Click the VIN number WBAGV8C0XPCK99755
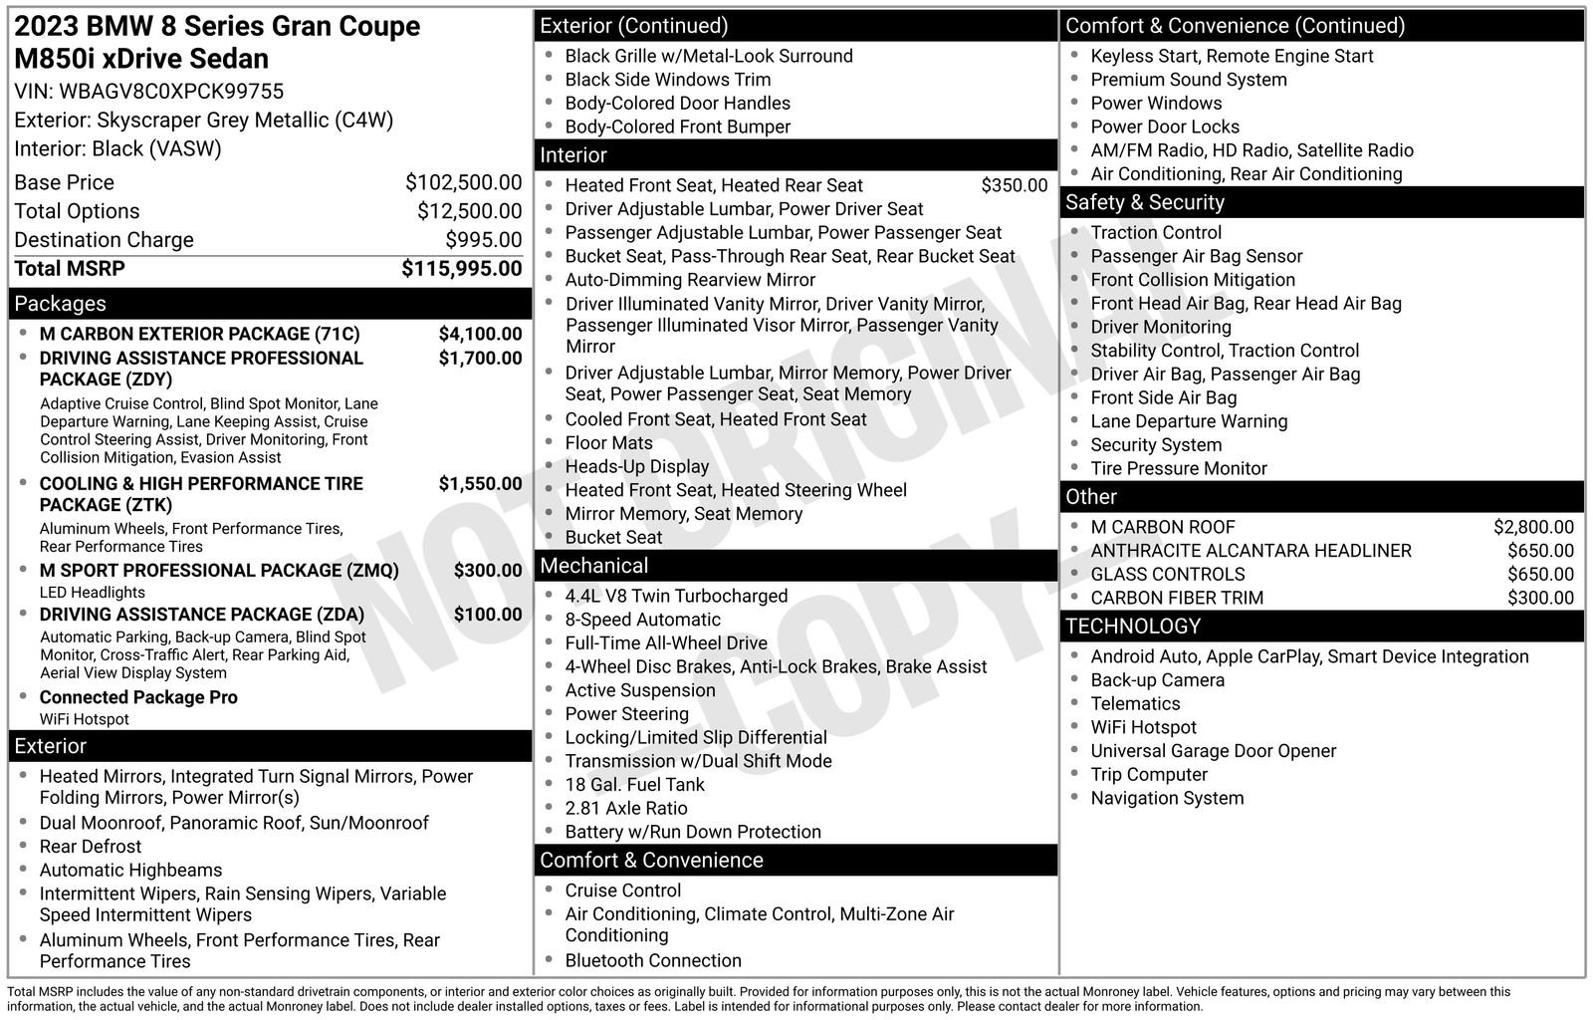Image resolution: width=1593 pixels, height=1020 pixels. (x=171, y=92)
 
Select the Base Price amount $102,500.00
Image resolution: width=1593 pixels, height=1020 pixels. (x=463, y=182)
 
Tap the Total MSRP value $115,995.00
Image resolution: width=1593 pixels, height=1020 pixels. (x=461, y=269)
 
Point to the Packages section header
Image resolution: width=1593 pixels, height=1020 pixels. (x=60, y=304)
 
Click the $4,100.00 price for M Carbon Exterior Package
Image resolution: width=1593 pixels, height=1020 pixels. (x=480, y=334)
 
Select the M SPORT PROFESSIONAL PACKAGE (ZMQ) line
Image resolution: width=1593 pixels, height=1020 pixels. (x=219, y=571)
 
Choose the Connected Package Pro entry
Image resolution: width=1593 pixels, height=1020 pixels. (x=138, y=697)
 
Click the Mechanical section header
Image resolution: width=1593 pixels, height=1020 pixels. (x=593, y=566)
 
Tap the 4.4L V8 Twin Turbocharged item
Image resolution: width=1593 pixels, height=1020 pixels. (x=676, y=596)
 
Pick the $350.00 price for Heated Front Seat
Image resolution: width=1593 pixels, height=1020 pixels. (x=1014, y=185)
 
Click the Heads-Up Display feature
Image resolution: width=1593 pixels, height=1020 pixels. (x=637, y=466)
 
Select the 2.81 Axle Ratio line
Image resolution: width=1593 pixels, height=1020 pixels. (x=626, y=808)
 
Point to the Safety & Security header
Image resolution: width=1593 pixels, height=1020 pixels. (x=1144, y=202)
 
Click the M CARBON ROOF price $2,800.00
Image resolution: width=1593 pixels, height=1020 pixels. (x=1533, y=527)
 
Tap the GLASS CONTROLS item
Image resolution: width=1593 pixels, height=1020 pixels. (x=1167, y=574)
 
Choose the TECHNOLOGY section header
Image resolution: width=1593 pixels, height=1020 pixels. (x=1133, y=627)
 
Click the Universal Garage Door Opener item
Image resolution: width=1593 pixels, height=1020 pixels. (x=1213, y=751)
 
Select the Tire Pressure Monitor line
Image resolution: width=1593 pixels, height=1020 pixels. (x=1178, y=468)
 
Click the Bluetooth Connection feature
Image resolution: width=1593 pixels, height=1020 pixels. (x=653, y=960)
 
